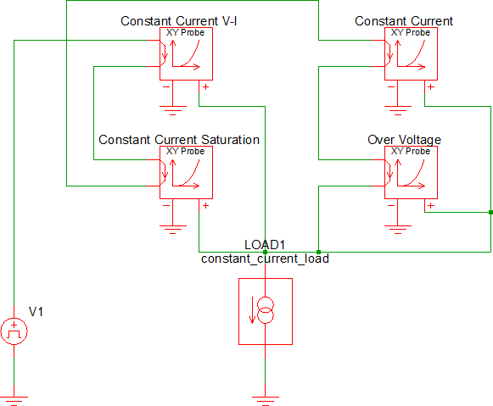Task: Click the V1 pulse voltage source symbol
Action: click(x=14, y=331)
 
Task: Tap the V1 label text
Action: click(x=36, y=312)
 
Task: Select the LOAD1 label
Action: click(x=265, y=245)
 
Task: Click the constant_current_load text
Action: click(x=265, y=259)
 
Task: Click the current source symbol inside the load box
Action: click(x=266, y=310)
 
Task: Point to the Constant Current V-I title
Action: click(x=178, y=21)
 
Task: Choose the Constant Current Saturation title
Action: click(x=179, y=140)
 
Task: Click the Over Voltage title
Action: click(x=404, y=140)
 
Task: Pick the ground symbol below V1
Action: click(x=14, y=401)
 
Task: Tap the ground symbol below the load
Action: click(x=266, y=401)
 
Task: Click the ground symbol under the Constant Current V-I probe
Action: click(x=172, y=111)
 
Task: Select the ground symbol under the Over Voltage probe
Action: click(x=398, y=230)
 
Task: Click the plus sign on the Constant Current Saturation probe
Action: click(x=205, y=206)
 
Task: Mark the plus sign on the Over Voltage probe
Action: click(x=431, y=206)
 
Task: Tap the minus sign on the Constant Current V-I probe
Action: click(x=166, y=86)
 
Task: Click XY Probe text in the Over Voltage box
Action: click(x=411, y=152)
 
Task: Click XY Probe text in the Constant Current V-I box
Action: click(x=185, y=33)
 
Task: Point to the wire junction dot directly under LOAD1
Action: click(x=265, y=252)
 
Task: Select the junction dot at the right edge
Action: click(x=490, y=212)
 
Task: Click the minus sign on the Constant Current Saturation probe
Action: click(x=166, y=206)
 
